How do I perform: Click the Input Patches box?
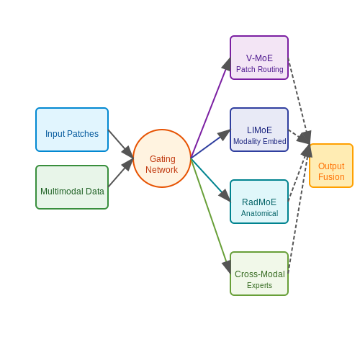coord(72,130)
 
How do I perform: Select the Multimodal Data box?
coord(72,187)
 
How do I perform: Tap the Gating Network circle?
coord(162,158)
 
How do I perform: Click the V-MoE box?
coord(259,58)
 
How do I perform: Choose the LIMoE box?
coord(259,130)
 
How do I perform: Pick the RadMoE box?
coord(259,202)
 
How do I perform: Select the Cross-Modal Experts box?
coord(259,274)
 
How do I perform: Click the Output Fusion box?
coord(331,166)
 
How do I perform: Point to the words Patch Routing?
coord(260,69)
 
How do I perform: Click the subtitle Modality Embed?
coord(260,141)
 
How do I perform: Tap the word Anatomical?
coord(260,213)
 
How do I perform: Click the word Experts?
coord(260,285)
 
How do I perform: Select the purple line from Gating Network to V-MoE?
coord(210,108)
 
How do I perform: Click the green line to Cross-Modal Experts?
coord(210,216)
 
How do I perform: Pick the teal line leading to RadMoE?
coord(210,180)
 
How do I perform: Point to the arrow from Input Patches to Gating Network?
coord(121,144)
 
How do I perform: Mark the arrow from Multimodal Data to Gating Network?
coord(121,173)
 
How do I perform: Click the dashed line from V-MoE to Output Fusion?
coord(299,101)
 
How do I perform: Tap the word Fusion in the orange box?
coord(331,177)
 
